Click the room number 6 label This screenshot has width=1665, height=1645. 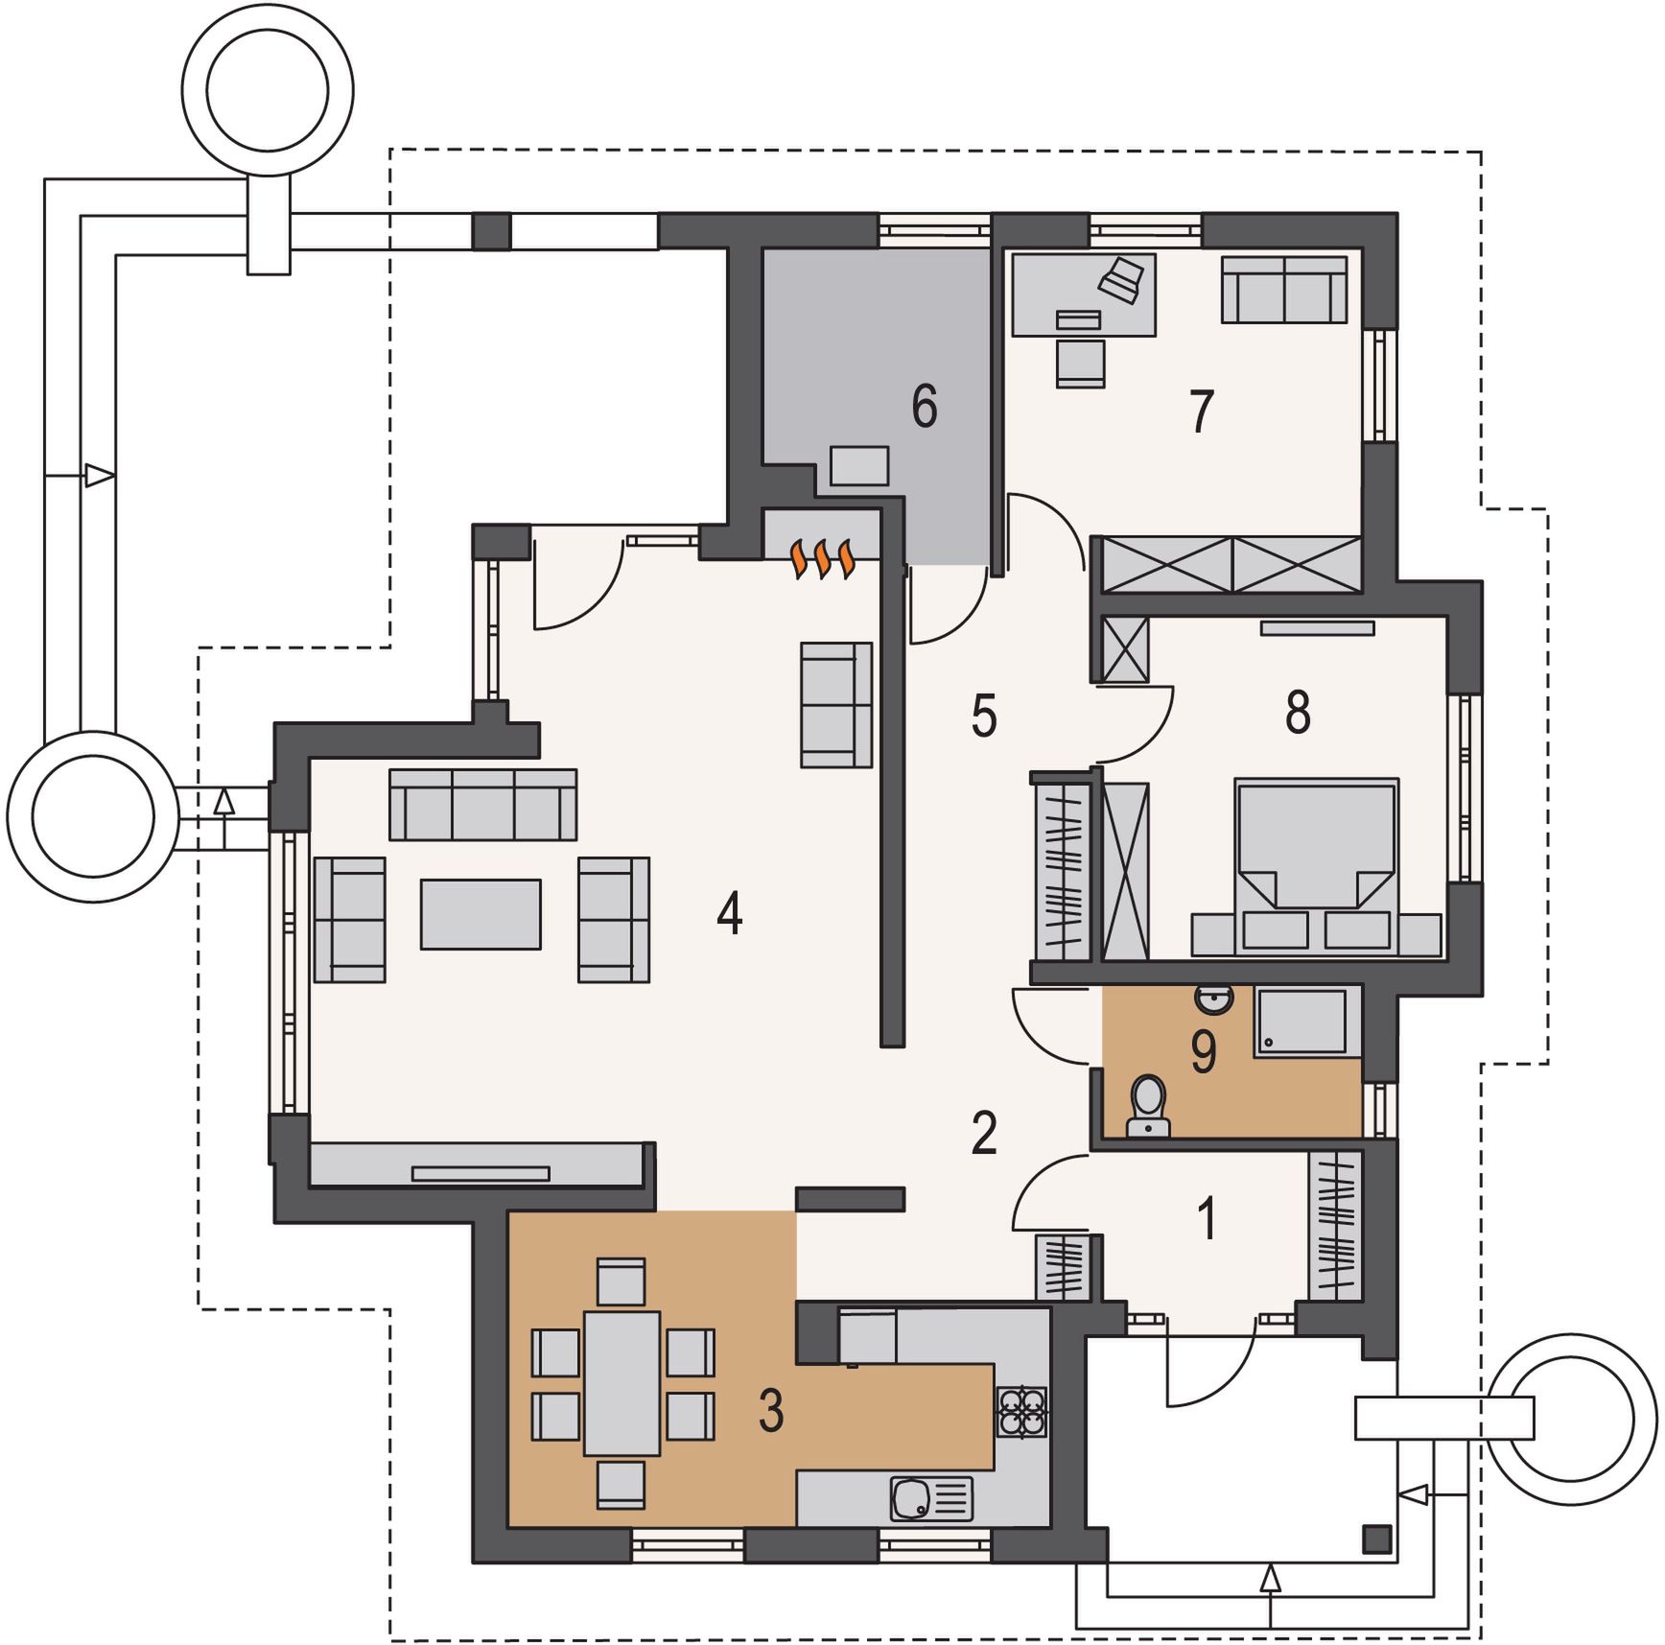click(x=924, y=406)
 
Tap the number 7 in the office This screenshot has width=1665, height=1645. click(x=1202, y=411)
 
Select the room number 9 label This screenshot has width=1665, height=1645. click(x=1204, y=1051)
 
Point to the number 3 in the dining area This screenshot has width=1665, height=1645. click(x=771, y=1411)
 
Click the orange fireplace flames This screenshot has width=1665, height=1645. click(x=822, y=559)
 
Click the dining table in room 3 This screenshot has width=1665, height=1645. click(x=621, y=1382)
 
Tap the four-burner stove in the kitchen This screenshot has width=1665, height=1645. click(x=1021, y=1411)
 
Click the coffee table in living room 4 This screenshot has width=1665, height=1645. click(x=481, y=914)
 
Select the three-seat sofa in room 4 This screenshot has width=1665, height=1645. click(x=482, y=804)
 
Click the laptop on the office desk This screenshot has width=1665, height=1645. click(x=1121, y=278)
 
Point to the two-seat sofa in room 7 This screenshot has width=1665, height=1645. click(x=1284, y=289)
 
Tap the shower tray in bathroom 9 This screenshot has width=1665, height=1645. click(x=1303, y=1022)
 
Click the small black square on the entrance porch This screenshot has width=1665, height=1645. click(x=1377, y=1539)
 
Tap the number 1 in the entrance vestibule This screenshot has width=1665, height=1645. click(x=1208, y=1218)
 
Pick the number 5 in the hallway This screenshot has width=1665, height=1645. click(x=984, y=717)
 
